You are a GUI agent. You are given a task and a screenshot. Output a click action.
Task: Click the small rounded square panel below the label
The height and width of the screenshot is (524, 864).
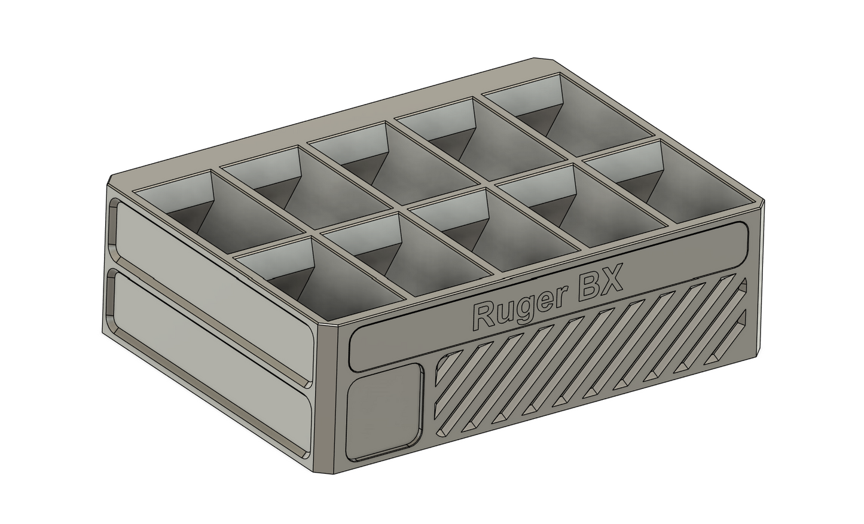point(384,413)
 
